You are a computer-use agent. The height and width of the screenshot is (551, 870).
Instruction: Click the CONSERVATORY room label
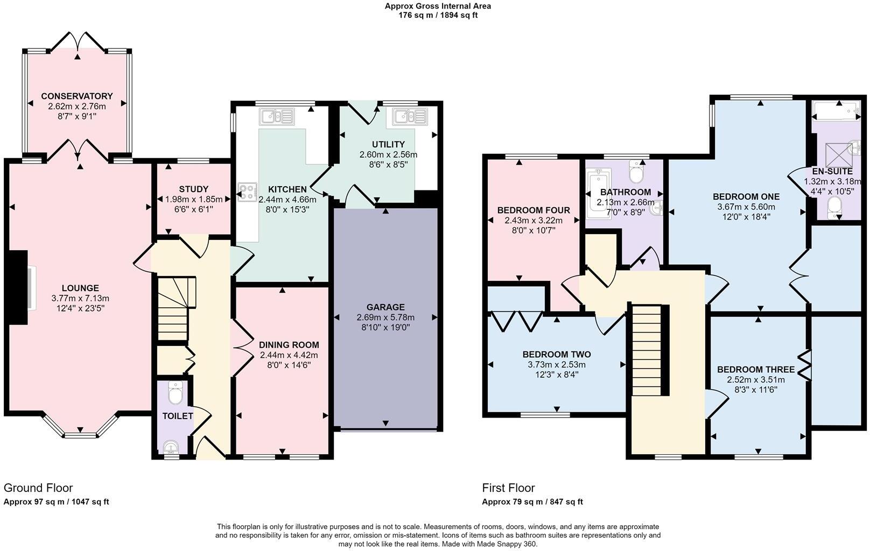pyautogui.click(x=77, y=96)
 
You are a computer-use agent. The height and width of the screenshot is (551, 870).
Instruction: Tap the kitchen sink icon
pyautogui.click(x=277, y=116)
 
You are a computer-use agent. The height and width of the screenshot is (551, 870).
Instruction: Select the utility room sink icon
pyautogui.click(x=410, y=116)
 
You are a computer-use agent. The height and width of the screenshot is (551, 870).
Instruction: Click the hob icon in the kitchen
pyautogui.click(x=248, y=192)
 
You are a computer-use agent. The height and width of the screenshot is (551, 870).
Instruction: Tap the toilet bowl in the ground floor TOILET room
pyautogui.click(x=176, y=394)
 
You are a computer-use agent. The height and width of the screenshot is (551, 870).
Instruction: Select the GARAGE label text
pyautogui.click(x=385, y=307)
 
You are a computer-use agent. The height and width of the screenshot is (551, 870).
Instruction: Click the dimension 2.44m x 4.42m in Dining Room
pyautogui.click(x=289, y=355)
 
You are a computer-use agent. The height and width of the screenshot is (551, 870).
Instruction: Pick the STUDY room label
pyautogui.click(x=194, y=189)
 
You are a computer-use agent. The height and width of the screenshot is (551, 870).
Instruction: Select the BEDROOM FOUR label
pyautogui.click(x=534, y=210)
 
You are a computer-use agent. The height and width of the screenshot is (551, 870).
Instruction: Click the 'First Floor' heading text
pyautogui.click(x=508, y=488)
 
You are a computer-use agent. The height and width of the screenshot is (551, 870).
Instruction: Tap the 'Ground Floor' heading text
pyautogui.click(x=38, y=488)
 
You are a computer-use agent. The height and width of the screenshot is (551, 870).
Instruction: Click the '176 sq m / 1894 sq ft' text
pyautogui.click(x=438, y=15)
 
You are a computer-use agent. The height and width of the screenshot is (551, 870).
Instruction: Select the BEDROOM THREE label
pyautogui.click(x=756, y=370)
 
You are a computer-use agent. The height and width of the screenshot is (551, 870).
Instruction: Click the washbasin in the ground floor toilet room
pyautogui.click(x=171, y=447)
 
